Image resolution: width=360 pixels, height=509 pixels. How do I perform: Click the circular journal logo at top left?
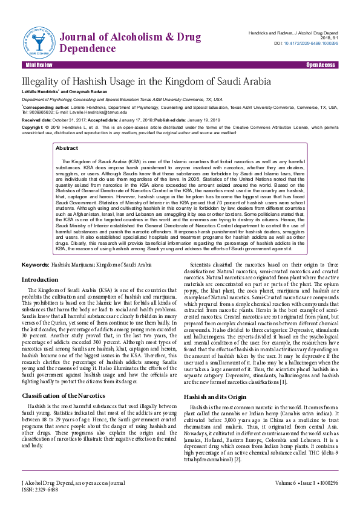click(37, 42)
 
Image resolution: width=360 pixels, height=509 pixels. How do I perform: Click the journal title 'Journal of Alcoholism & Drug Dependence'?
click(131, 42)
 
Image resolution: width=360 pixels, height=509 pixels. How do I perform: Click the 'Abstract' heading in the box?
click(67, 148)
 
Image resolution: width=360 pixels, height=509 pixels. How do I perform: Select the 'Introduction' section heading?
click(40, 280)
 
